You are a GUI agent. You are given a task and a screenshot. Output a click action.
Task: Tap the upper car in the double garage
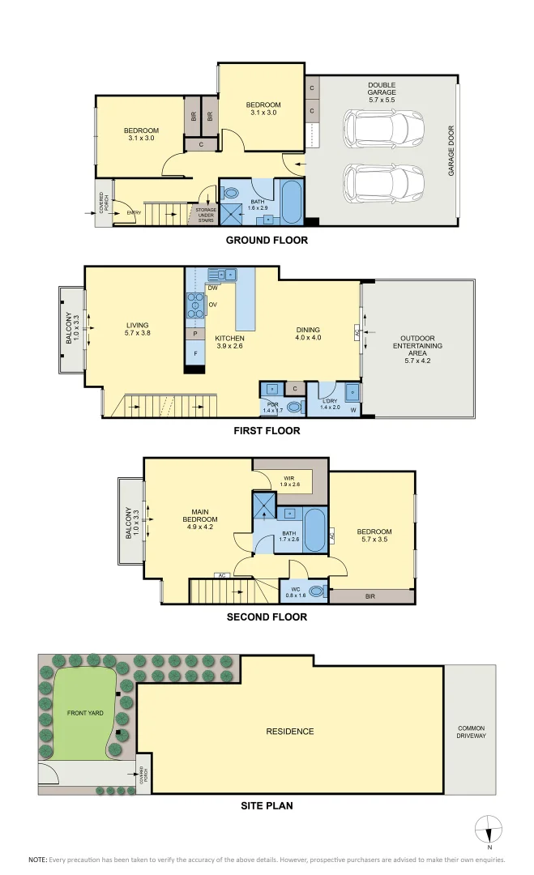(383, 127)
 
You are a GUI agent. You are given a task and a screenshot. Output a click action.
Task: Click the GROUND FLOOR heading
(267, 241)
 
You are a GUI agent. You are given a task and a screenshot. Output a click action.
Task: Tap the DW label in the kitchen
(213, 288)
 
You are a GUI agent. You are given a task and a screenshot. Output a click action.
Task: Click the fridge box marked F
(195, 352)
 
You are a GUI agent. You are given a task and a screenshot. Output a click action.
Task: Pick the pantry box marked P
(195, 333)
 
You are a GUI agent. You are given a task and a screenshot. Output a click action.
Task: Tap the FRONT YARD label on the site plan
(83, 714)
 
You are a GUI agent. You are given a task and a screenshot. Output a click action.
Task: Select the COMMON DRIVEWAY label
(471, 731)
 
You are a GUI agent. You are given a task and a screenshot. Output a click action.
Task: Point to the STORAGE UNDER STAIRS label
(206, 215)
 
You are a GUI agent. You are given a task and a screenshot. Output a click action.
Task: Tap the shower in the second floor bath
(264, 508)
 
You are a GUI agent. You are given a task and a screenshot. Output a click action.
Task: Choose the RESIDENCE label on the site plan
(289, 732)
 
